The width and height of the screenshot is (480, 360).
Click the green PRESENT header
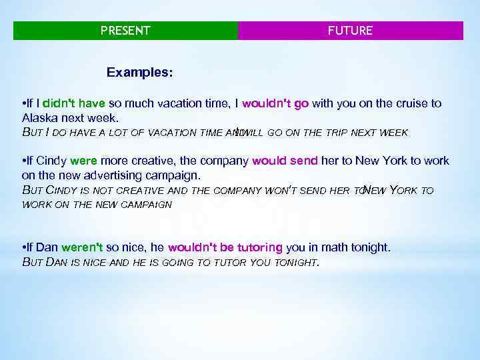(125, 31)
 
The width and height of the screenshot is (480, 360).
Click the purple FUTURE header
(351, 31)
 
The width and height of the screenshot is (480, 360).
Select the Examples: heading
(141, 71)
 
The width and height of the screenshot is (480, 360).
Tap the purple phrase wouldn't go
(275, 104)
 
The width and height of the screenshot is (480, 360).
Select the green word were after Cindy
(84, 161)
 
